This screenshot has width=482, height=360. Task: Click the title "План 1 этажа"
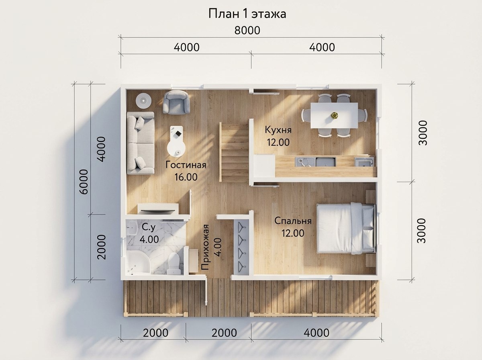click(247, 14)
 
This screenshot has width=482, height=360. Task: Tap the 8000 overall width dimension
click(247, 31)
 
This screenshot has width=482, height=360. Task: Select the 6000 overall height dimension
click(84, 182)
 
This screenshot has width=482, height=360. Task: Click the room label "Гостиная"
click(186, 165)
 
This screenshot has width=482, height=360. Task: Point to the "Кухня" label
click(278, 130)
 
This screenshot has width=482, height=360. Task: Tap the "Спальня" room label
click(293, 221)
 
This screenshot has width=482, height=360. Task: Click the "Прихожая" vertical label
click(205, 247)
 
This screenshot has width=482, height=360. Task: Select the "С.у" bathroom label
click(149, 227)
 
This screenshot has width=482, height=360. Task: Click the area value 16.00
click(186, 177)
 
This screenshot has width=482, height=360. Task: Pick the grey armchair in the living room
click(176, 102)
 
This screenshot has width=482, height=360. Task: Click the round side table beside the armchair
click(144, 100)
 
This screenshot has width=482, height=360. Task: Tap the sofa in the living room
click(141, 143)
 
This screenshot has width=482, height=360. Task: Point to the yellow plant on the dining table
click(335, 115)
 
